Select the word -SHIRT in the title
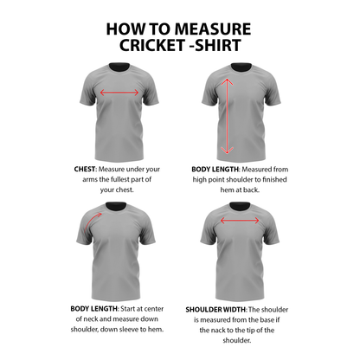[218, 44]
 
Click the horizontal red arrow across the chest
[119, 93]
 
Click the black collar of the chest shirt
[119, 67]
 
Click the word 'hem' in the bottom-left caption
[157, 330]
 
